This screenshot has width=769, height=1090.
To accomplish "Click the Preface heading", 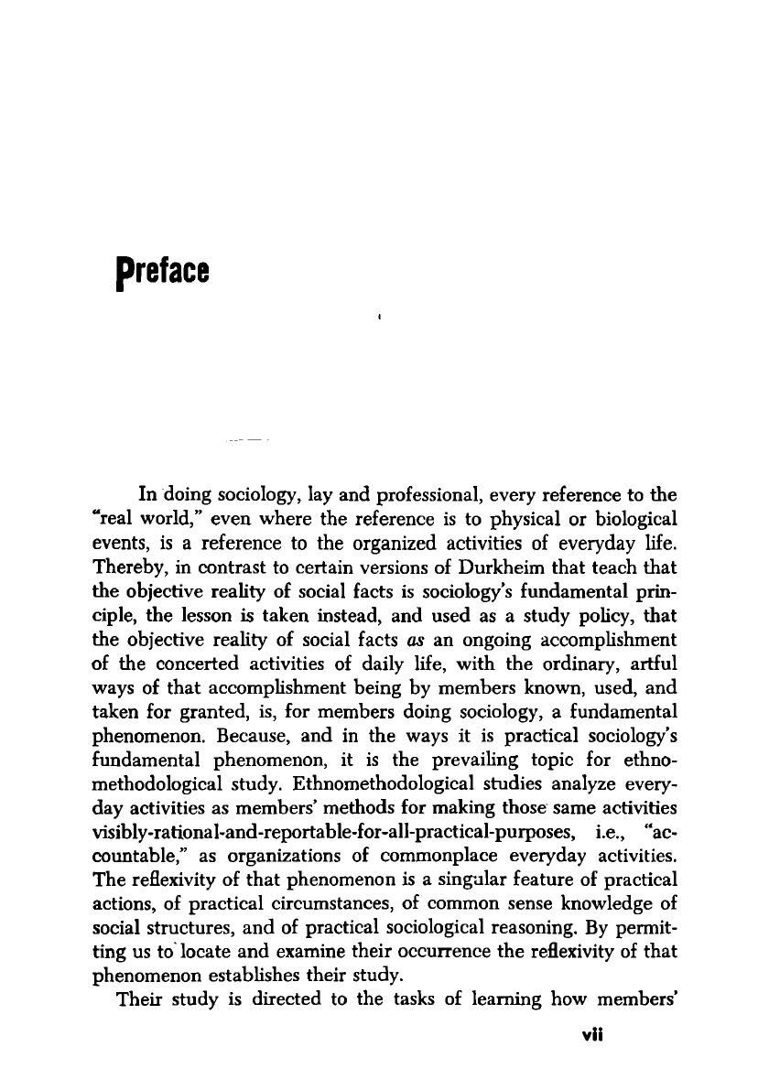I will [x=158, y=271].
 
